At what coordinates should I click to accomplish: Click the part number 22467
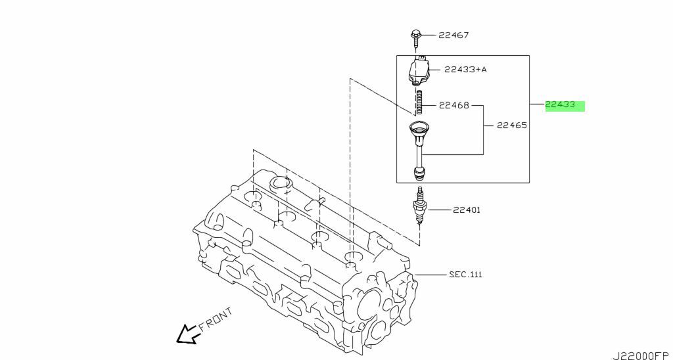coord(453,35)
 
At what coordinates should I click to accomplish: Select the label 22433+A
coord(466,70)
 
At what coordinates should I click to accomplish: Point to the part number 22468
coord(454,105)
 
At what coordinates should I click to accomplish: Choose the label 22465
coord(512,125)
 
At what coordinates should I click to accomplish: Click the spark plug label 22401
coord(466,210)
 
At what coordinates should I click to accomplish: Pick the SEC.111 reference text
coord(465,274)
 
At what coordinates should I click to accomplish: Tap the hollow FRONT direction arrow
coord(187,334)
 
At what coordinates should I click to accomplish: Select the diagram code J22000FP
coord(642,355)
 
